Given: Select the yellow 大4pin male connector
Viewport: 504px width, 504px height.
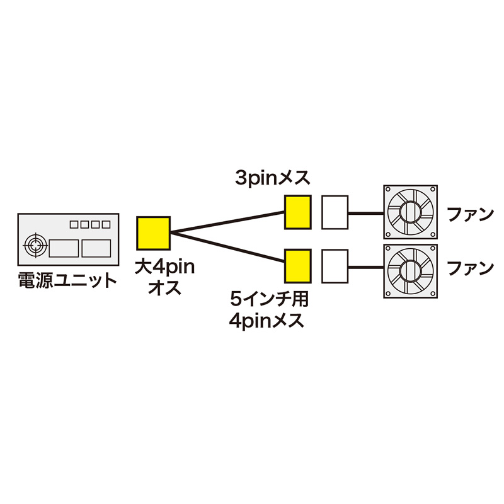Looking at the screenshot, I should (x=153, y=232).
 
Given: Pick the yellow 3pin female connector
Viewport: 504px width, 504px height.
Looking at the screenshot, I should (x=297, y=212).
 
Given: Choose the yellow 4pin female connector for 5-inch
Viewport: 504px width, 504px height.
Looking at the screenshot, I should (x=297, y=266).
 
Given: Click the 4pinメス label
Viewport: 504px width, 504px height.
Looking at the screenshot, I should (x=267, y=320).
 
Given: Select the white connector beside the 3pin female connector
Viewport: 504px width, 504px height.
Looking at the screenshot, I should (x=335, y=212).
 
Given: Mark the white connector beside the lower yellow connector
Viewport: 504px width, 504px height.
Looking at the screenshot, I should (x=335, y=266).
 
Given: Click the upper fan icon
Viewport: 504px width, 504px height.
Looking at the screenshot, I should (x=411, y=212).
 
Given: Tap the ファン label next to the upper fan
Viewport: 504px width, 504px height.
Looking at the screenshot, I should (x=469, y=214).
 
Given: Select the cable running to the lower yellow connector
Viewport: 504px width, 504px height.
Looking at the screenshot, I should (x=227, y=245).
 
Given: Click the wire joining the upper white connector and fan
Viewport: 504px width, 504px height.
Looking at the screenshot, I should (x=366, y=213).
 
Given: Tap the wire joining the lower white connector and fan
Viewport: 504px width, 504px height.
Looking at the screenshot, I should (x=366, y=267).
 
